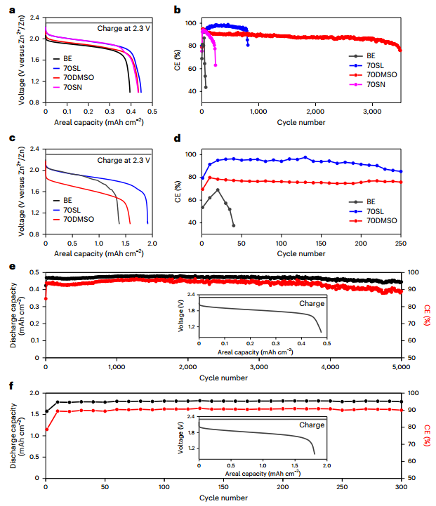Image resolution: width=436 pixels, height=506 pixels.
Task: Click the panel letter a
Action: [x=8, y=9]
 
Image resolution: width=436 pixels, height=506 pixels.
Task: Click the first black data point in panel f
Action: [x=46, y=411]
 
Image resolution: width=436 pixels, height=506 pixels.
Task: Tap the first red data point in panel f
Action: [x=46, y=430]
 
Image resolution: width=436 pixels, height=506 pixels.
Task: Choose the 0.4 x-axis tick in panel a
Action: [x=130, y=112]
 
